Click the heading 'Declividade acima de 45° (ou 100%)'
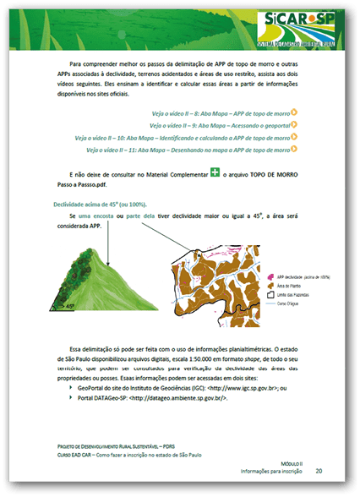pyautogui.click(x=101, y=204)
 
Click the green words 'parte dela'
pyautogui.click(x=140, y=216)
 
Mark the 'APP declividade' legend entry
pyautogui.click(x=301, y=277)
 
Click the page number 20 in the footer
pyautogui.click(x=319, y=470)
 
